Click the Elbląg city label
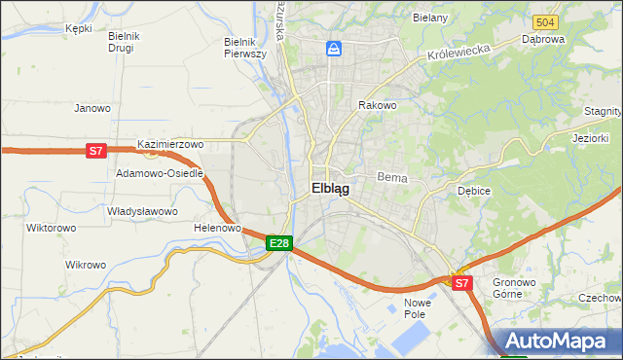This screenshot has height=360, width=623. tap(331, 189)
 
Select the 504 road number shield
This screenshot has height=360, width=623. tap(545, 21)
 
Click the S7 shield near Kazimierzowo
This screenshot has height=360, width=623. tap(95, 151)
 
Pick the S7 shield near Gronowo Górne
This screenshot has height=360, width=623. tap(461, 283)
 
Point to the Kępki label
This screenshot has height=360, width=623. tap(78, 29)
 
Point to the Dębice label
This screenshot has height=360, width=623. tap(474, 192)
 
